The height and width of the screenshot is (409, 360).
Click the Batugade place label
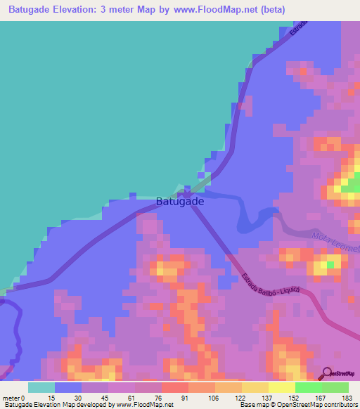pyautogui.click(x=180, y=201)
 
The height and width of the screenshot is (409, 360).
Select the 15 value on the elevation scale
pyautogui.click(x=51, y=398)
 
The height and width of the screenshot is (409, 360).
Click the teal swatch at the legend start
pyautogui.click(x=41, y=387)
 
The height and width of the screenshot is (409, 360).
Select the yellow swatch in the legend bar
pyautogui.click(x=281, y=387)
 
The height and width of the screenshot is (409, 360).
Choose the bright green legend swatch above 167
pyautogui.click(x=308, y=387)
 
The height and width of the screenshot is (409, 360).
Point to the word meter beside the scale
pyautogui.click(x=11, y=398)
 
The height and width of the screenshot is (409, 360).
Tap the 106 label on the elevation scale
pyautogui.click(x=213, y=398)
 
